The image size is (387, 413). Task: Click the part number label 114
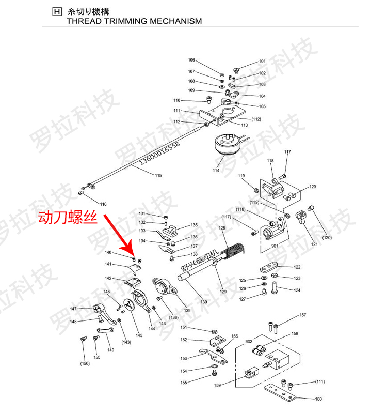[x=216, y=170]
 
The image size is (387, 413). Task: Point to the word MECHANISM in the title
[x=173, y=22]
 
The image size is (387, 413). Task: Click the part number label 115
[x=158, y=176]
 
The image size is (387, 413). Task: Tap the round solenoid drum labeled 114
[x=227, y=145]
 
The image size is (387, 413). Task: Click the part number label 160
[x=318, y=399]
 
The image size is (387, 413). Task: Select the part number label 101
[x=262, y=62]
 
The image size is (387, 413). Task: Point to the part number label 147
[x=74, y=309]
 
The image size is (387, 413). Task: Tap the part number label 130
[x=204, y=301]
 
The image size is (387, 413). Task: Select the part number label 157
[x=303, y=315]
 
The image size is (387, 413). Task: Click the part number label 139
[x=187, y=310]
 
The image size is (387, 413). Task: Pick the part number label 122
[x=297, y=267]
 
